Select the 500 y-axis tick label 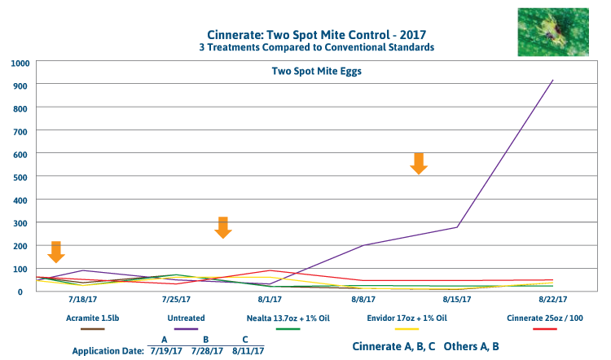20,177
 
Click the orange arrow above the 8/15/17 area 418,163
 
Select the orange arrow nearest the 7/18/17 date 55,252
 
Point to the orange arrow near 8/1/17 222,227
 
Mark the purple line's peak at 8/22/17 553,80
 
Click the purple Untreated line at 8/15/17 458,226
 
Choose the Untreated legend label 187,318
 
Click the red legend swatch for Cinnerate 543,328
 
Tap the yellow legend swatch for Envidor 408,328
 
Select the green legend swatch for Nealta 288,328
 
